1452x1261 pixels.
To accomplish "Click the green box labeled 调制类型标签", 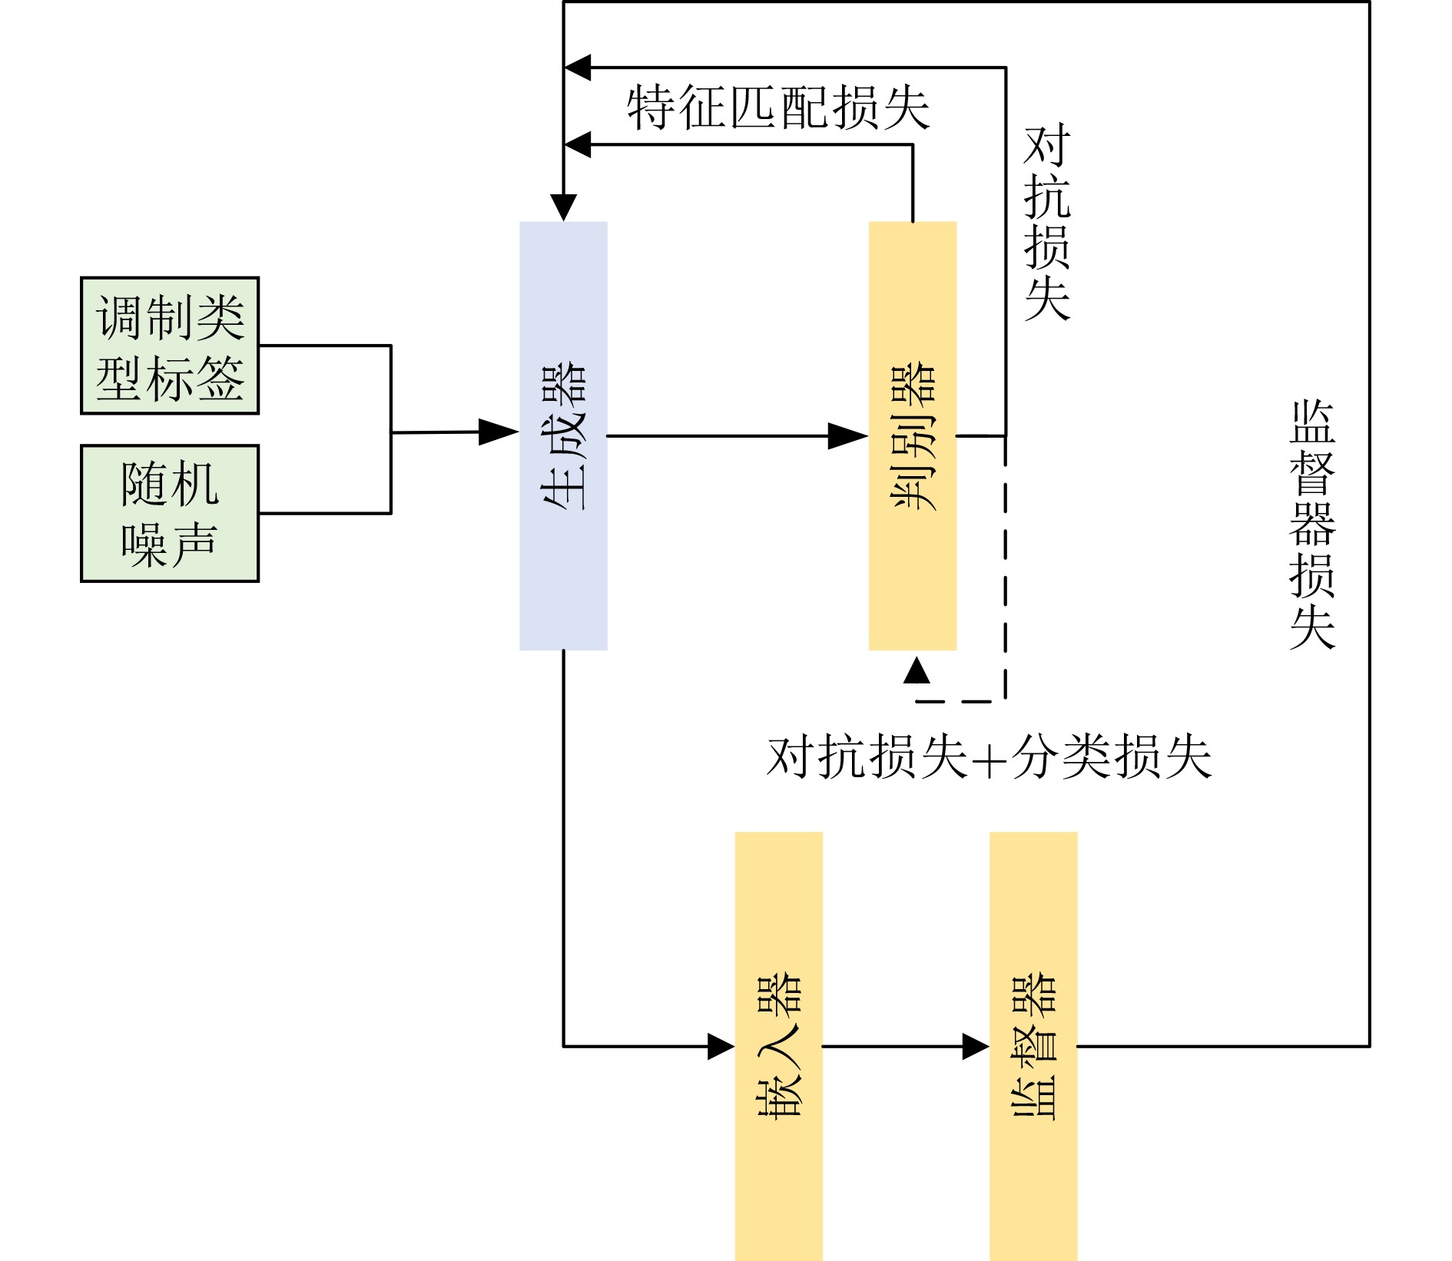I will click(x=170, y=346).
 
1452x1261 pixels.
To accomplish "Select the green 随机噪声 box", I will click(x=170, y=513).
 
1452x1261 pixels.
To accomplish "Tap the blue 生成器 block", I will click(x=563, y=435).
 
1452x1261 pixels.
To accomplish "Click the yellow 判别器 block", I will click(x=912, y=435).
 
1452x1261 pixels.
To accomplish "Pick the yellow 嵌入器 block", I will click(x=778, y=1046).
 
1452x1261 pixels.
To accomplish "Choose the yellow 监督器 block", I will click(x=1033, y=1046).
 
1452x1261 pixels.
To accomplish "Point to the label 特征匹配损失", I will click(x=777, y=108).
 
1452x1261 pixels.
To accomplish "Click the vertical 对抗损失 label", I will click(x=1047, y=223).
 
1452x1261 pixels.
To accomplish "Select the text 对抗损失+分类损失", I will click(x=989, y=757).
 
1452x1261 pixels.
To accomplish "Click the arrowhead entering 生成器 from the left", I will click(x=499, y=432).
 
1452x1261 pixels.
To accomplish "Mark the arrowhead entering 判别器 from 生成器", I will click(x=848, y=436).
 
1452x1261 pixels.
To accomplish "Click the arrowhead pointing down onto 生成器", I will click(x=563, y=207).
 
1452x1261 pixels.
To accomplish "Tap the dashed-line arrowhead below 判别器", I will click(x=917, y=670).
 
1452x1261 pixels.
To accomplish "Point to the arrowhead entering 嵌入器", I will click(x=721, y=1046).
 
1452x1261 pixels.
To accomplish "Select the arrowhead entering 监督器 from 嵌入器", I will click(x=976, y=1046).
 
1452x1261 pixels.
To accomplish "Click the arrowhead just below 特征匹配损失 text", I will click(x=578, y=144).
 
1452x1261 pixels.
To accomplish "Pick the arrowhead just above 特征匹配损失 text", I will click(x=578, y=68).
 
